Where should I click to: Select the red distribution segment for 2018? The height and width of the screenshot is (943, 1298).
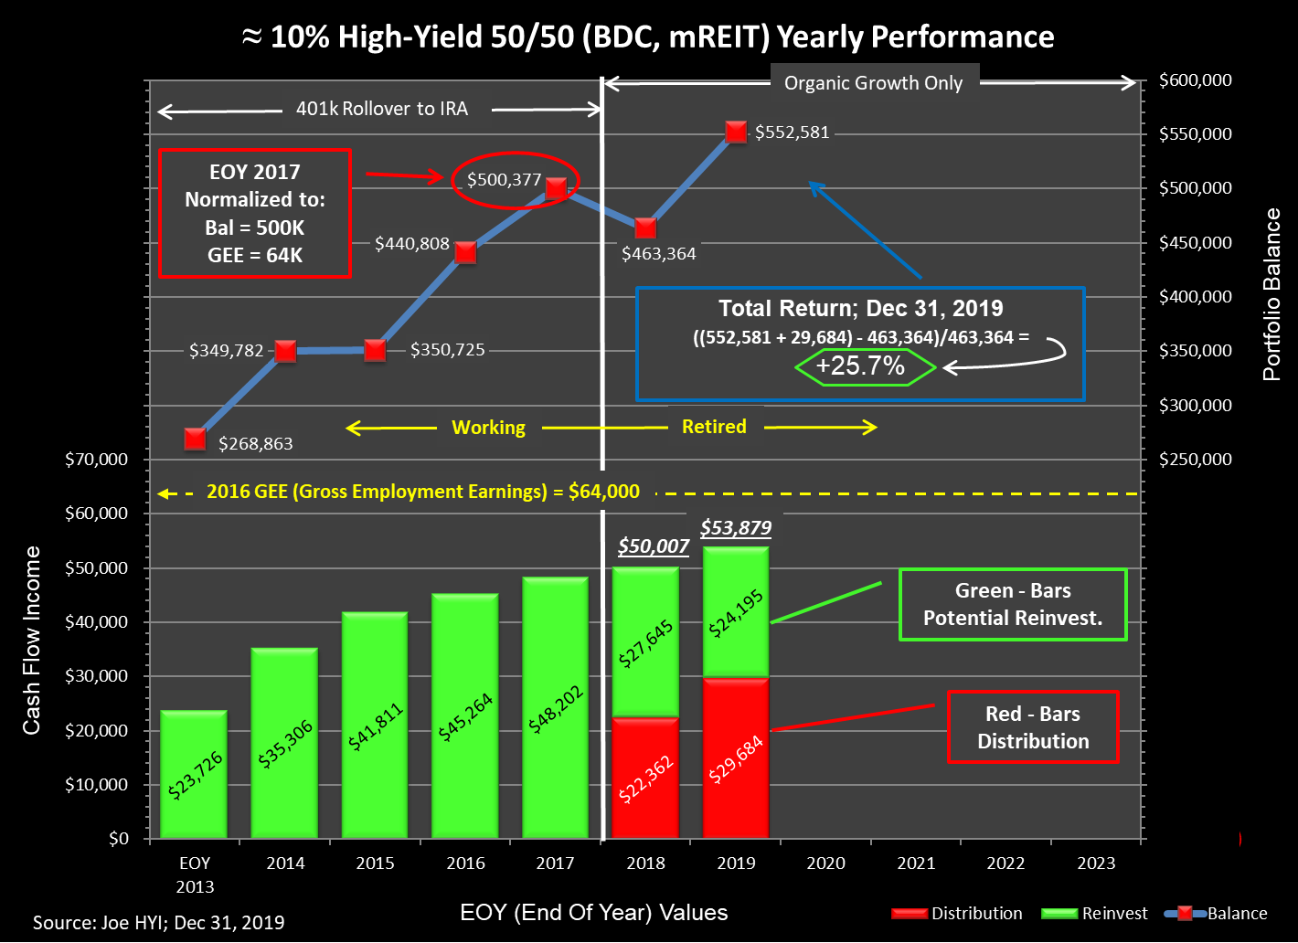coord(645,778)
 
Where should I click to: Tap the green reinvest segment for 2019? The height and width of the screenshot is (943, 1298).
coord(736,611)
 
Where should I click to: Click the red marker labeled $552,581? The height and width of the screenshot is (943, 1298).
coord(736,132)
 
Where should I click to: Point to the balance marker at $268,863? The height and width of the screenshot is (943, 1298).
coord(195,439)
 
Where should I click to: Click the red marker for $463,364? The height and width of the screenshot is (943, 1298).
coord(645,228)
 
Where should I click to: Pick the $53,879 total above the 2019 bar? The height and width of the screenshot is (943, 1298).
coord(737,527)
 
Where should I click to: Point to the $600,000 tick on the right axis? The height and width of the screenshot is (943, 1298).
coord(1195,80)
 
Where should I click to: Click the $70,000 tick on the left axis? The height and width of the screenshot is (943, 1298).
coord(96,460)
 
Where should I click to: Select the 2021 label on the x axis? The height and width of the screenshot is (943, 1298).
coord(916,864)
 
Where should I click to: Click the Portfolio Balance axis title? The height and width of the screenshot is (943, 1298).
coord(1271,294)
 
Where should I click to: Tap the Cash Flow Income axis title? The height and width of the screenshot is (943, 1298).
coord(32,640)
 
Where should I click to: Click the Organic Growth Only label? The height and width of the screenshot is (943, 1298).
coord(873,83)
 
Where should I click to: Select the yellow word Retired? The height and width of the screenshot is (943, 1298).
coord(714,427)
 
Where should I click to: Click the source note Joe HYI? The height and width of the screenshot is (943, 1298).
coord(158,923)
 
